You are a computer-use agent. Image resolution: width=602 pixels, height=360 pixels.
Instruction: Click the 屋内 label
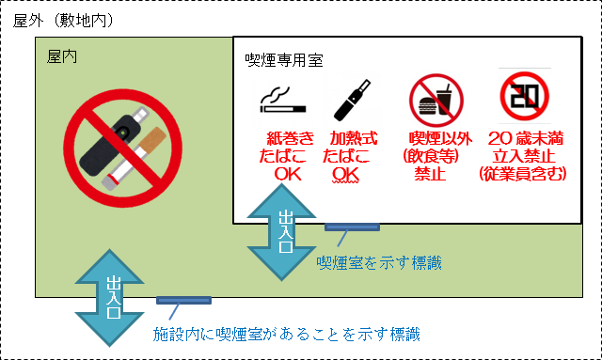coord(62,56)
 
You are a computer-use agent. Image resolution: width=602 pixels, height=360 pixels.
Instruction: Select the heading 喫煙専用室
coord(283,61)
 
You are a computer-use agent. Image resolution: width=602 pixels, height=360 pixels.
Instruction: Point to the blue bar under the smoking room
coord(352,226)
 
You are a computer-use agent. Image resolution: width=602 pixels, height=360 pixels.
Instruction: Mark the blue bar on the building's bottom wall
coord(183,301)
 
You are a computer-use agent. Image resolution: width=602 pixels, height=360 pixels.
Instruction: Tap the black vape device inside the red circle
coord(111,142)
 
